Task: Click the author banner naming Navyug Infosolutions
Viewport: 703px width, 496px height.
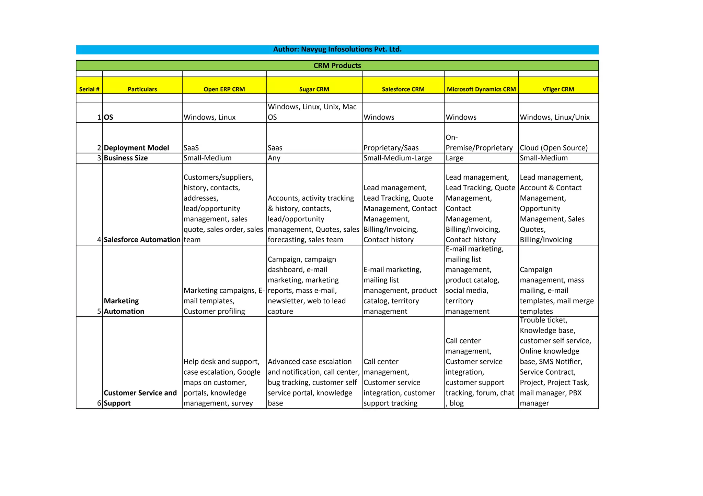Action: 337,49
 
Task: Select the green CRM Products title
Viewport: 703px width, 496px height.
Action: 337,65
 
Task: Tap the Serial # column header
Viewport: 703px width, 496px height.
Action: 89,89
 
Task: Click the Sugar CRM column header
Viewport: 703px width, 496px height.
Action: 314,89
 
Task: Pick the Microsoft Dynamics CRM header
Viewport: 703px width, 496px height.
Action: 481,89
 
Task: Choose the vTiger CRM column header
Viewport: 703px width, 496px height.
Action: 558,89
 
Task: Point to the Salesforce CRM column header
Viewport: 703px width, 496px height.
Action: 403,89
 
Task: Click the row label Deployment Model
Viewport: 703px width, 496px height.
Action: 136,148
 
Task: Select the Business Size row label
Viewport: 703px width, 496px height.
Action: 126,158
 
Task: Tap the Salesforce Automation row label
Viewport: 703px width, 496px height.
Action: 142,240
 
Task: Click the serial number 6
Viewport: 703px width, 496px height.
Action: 99,403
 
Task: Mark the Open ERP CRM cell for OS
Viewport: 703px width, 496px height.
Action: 209,117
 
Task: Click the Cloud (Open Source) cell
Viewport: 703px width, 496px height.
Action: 553,148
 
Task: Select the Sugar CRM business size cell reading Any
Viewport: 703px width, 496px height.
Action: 274,158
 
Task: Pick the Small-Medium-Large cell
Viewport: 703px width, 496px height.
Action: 397,158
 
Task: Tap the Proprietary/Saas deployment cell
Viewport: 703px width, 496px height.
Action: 391,148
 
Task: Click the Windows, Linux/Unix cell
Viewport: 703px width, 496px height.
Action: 554,117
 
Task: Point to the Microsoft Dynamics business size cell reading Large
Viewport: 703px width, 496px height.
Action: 454,158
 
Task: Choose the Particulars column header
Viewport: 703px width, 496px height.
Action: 142,89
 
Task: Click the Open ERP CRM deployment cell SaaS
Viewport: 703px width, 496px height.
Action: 191,148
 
